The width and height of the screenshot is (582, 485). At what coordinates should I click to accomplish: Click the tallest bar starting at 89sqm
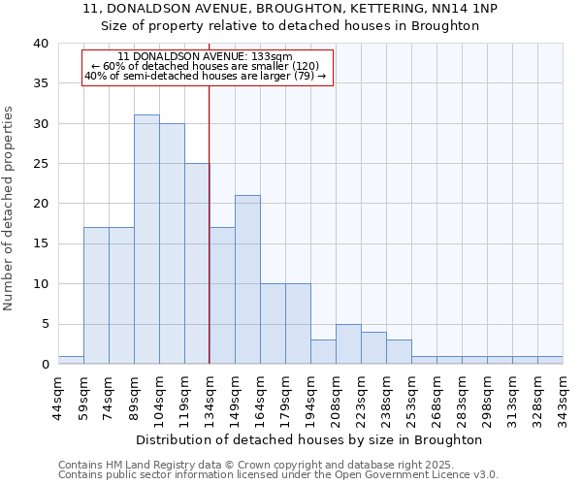[x=146, y=240]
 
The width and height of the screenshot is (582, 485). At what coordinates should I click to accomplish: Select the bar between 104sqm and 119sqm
[x=172, y=243]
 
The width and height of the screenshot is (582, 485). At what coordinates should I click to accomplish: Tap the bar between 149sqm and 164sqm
[x=247, y=279]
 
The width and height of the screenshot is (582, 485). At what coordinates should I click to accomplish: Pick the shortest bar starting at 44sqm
[x=71, y=360]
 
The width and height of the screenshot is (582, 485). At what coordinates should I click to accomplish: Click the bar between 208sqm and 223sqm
[x=348, y=343]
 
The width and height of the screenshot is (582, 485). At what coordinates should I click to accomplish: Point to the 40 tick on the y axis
[x=40, y=44]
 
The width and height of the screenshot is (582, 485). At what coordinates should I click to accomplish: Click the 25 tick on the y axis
[x=40, y=164]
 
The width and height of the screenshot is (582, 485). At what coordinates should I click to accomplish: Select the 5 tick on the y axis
[x=45, y=324]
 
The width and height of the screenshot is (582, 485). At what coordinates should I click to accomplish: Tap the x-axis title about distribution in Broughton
[x=309, y=440]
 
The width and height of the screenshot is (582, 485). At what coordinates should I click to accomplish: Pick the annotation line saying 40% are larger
[x=206, y=76]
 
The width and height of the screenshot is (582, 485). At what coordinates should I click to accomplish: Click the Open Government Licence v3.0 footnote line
[x=278, y=474]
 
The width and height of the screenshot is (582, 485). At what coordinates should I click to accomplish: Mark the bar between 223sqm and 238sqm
[x=373, y=347]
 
